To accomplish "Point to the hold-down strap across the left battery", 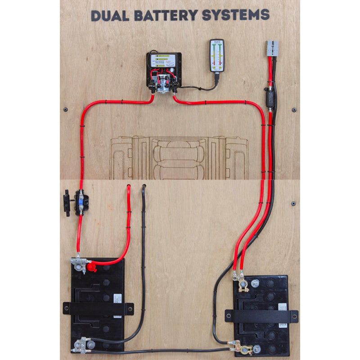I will [x=98, y=309].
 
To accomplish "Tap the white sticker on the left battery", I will [x=117, y=299].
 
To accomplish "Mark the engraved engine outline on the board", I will [x=179, y=157].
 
